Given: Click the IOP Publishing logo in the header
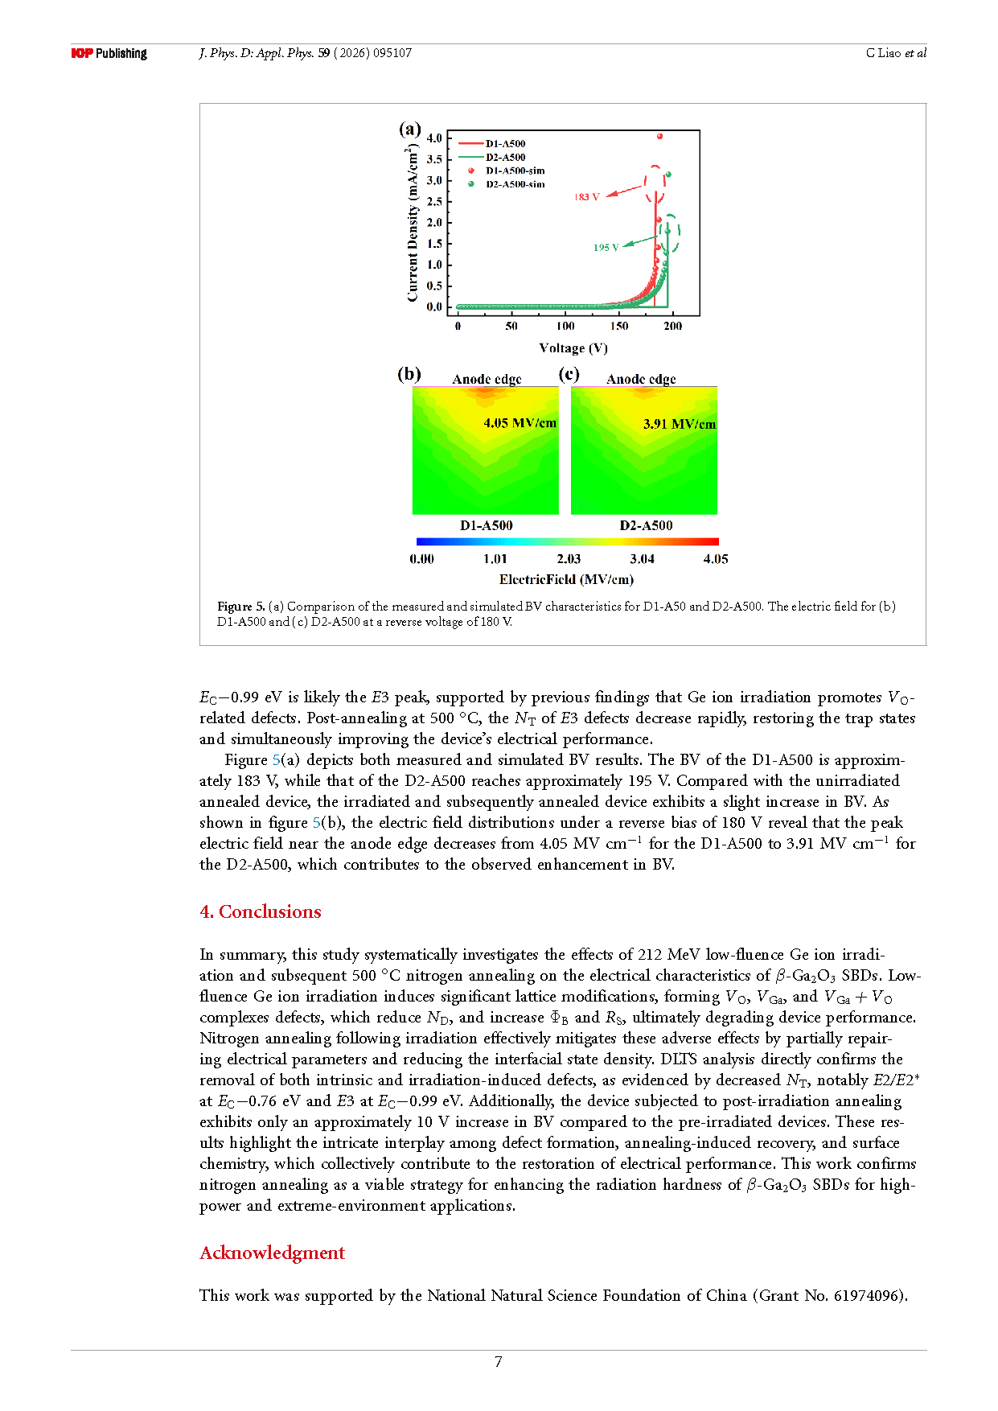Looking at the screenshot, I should pyautogui.click(x=109, y=53).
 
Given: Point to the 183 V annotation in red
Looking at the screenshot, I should pyautogui.click(x=586, y=197).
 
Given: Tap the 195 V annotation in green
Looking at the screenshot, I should pyautogui.click(x=606, y=248).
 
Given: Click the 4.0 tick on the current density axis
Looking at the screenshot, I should pyautogui.click(x=434, y=138).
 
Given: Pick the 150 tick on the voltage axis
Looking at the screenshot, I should pyautogui.click(x=619, y=327).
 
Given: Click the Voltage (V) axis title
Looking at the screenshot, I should pyautogui.click(x=573, y=348).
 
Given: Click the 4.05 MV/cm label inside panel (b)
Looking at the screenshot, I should pyautogui.click(x=520, y=423).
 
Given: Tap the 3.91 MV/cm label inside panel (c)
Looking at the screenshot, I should pyautogui.click(x=679, y=424).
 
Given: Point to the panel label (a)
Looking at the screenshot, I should pyautogui.click(x=410, y=129).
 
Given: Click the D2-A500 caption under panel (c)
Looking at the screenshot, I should pyautogui.click(x=646, y=525).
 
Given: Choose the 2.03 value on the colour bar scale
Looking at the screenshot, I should pyautogui.click(x=569, y=559).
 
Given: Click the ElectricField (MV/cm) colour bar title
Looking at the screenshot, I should pyautogui.click(x=566, y=579).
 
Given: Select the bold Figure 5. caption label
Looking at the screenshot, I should pyautogui.click(x=240, y=607).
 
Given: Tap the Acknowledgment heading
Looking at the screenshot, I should pyautogui.click(x=273, y=1253).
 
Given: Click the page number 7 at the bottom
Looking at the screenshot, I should pyautogui.click(x=499, y=1362).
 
